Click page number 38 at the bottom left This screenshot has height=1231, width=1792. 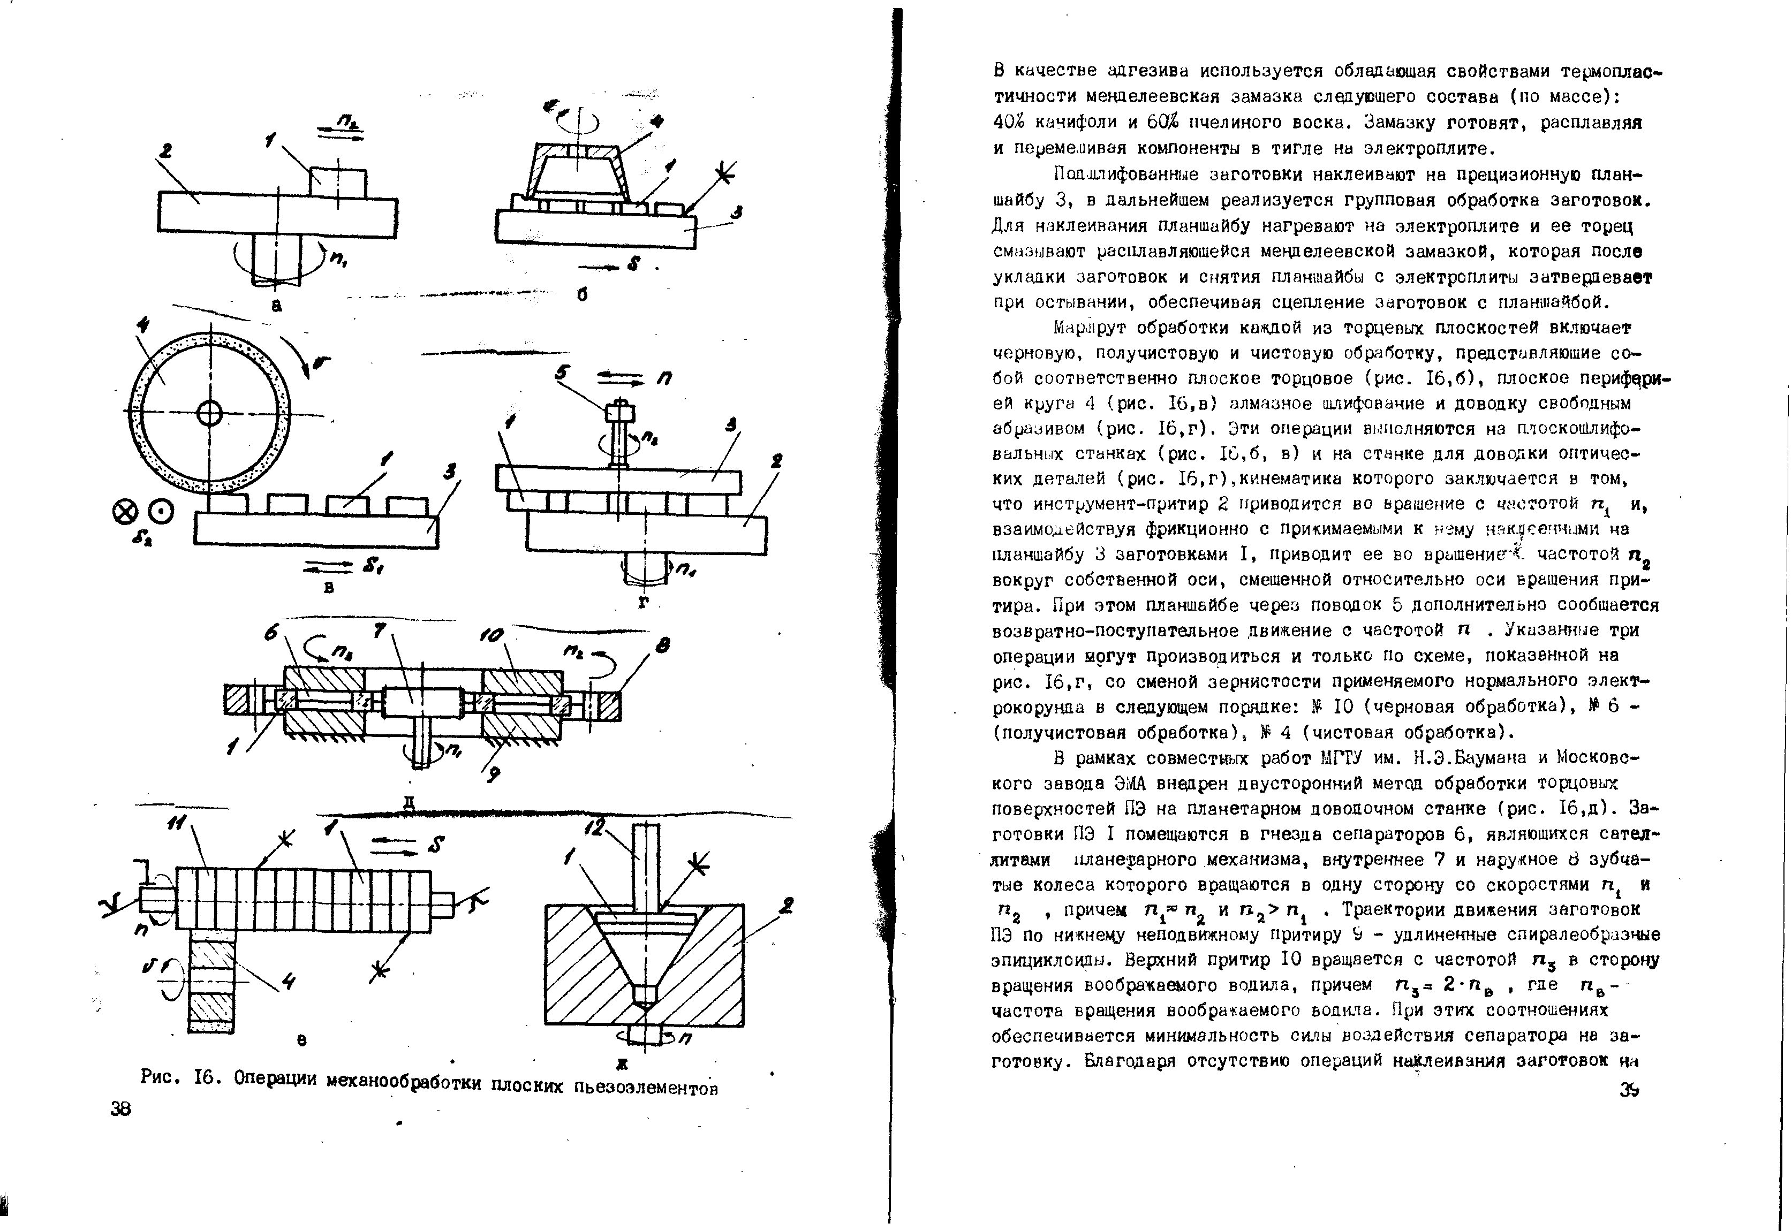(x=121, y=1109)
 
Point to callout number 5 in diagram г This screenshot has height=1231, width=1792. (x=562, y=374)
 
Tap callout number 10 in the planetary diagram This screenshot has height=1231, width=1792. (x=492, y=635)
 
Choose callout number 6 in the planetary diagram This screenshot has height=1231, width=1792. (x=271, y=633)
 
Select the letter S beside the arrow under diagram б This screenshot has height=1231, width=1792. (x=634, y=264)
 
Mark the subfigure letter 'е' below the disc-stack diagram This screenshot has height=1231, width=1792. (x=303, y=1040)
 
